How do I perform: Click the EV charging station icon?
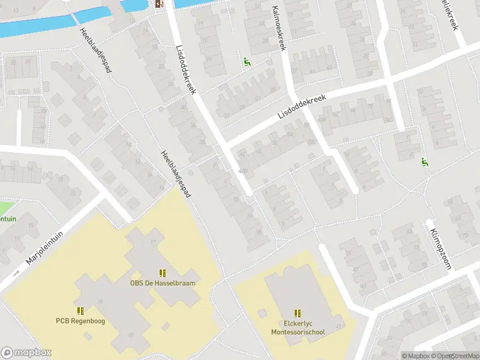159,4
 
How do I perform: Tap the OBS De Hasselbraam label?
163,283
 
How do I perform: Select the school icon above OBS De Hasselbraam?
163,273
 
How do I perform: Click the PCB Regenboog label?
80,321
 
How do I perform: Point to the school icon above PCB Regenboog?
80,311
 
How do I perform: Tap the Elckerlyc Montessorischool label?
298,328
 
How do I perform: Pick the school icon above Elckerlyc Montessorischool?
298,313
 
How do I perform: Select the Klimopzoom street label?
439,245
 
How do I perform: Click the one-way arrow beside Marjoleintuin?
16,273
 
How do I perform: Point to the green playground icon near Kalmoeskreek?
246,61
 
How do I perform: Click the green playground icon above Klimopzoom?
425,161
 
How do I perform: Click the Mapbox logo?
26,352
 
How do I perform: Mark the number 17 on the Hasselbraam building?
153,242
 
